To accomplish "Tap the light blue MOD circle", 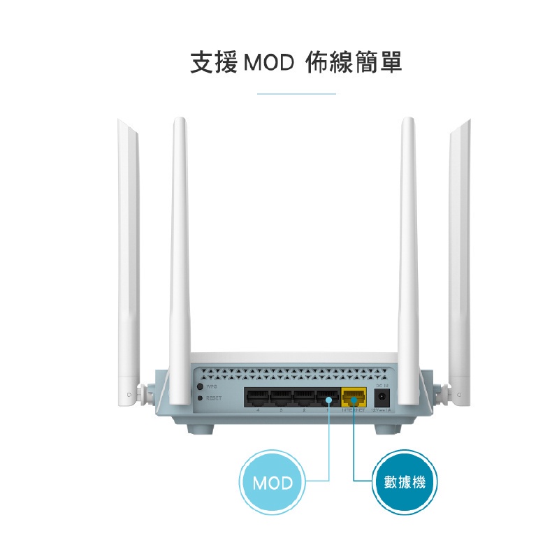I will pos(273,483).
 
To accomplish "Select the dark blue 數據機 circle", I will pos(406,482).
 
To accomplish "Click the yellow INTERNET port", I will pos(354,399).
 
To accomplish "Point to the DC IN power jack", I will pos(382,398).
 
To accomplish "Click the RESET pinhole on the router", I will pos(201,398).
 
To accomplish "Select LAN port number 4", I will pos(256,399).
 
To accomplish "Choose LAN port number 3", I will pos(280,399).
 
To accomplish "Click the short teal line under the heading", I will pos(296,93).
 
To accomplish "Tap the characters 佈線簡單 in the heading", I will pos(354,63).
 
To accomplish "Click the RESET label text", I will pos(213,398).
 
